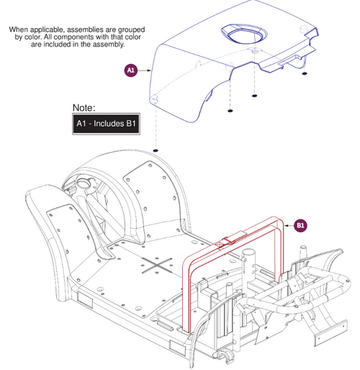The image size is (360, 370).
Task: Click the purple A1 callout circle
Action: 130,71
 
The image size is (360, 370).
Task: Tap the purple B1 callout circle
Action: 302,226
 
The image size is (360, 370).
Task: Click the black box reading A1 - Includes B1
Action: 106,125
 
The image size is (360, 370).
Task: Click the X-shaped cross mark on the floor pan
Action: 158,264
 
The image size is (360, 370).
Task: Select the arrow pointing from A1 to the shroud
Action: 144,70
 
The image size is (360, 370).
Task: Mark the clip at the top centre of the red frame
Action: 228,240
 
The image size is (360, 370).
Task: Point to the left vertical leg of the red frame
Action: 189,295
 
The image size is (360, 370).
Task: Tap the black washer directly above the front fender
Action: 156,150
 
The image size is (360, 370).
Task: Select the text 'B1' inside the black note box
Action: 129,125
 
